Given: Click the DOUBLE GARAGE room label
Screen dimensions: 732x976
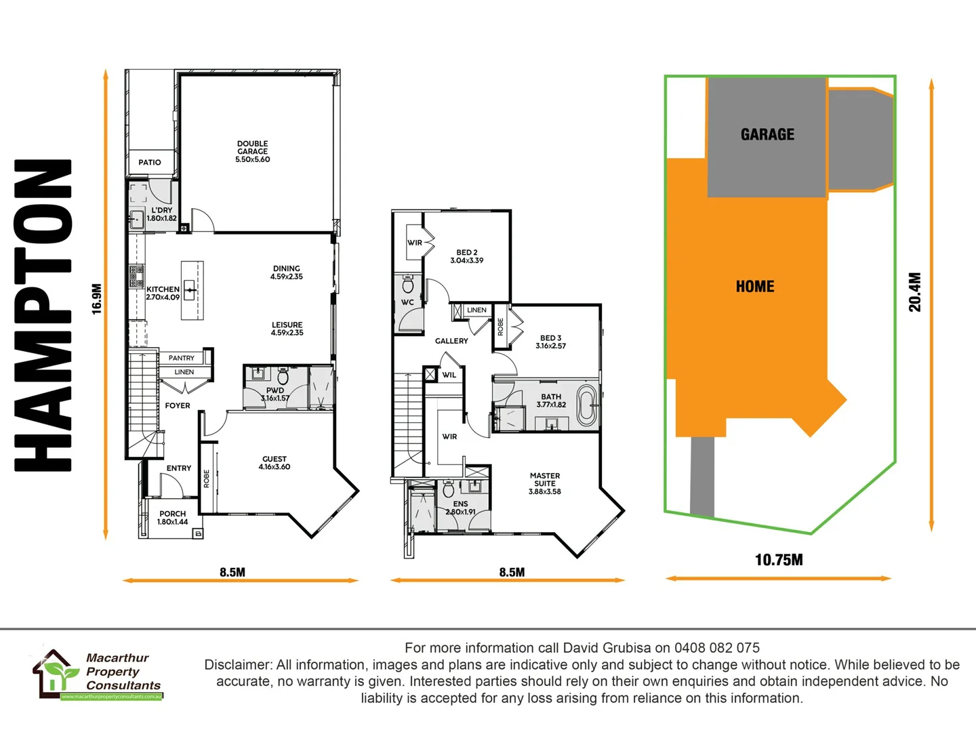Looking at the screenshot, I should (252, 151).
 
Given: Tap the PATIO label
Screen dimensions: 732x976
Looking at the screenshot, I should (150, 163).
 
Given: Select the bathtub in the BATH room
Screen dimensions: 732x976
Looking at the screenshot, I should (586, 405).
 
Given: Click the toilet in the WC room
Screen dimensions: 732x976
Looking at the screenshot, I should (408, 284).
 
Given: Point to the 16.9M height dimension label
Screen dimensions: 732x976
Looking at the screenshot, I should (97, 298).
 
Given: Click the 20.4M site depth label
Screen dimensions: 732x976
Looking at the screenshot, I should (915, 292).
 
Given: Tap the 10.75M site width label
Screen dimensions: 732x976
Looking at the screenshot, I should (779, 560).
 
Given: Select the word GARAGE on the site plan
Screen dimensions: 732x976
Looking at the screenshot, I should (767, 134).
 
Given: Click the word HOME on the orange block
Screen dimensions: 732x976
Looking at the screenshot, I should (755, 286).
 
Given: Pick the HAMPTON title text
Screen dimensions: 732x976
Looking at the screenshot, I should (43, 315).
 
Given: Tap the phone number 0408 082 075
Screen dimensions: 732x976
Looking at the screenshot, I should (716, 647).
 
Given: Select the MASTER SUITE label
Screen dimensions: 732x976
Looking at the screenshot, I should (545, 483).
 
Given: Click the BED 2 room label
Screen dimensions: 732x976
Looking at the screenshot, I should (466, 256).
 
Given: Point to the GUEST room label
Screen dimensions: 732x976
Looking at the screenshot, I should (274, 462).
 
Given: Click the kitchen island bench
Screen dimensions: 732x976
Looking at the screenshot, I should (192, 291).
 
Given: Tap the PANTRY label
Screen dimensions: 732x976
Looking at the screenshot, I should (181, 358).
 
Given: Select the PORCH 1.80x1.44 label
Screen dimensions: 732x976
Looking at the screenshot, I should (172, 518).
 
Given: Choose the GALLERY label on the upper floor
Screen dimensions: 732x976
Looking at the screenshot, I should (451, 341).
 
